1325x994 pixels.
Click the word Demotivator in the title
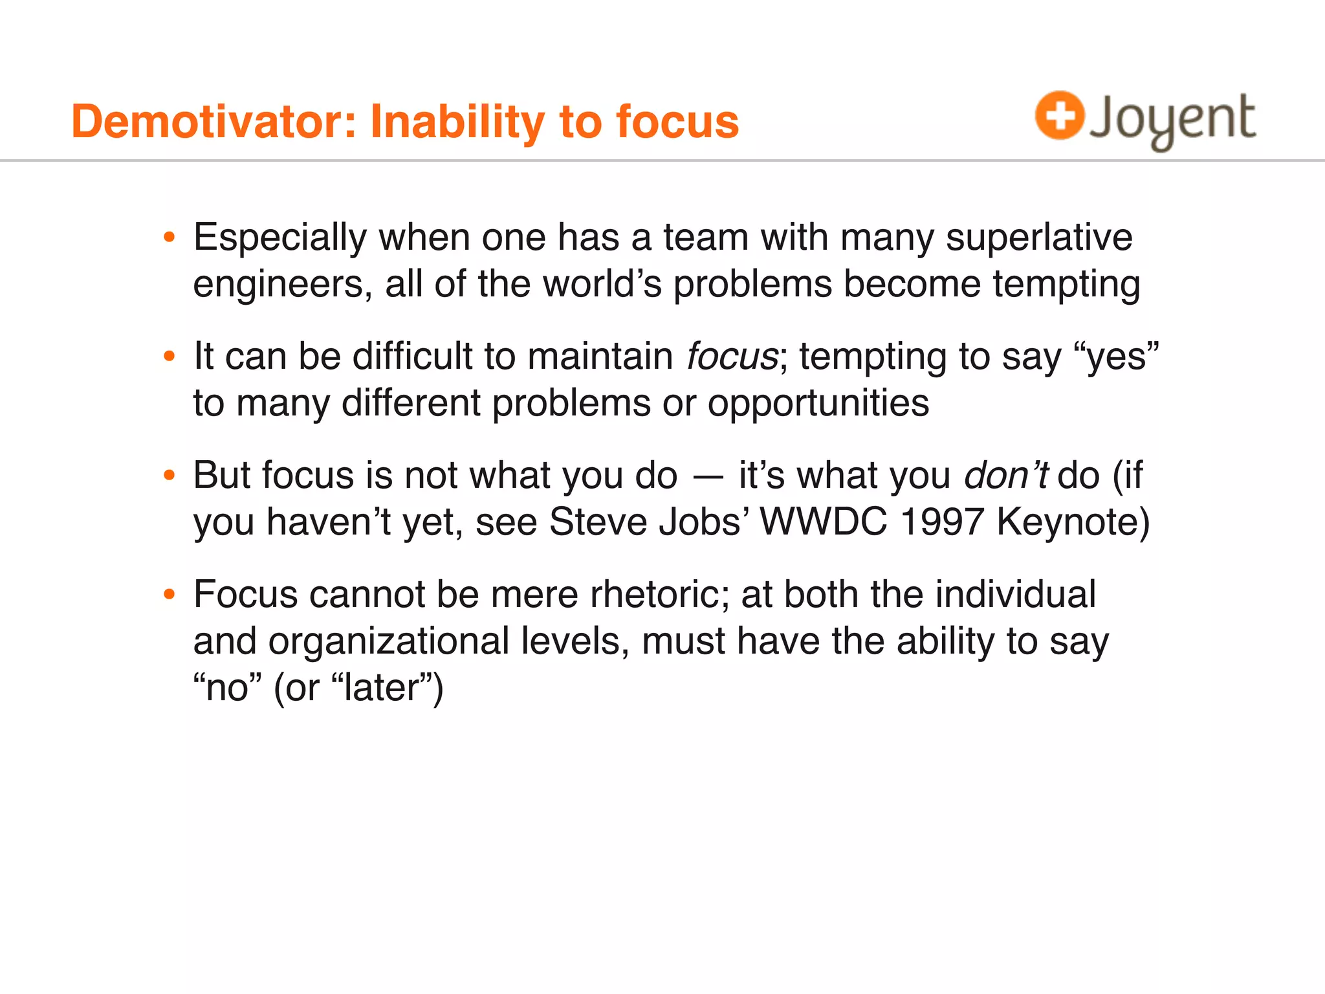[x=214, y=122]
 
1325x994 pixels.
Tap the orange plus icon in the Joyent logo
[x=1059, y=115]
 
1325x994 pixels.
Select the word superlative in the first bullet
[x=1039, y=237]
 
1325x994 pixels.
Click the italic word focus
[x=732, y=357]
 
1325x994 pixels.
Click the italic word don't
[x=1005, y=476]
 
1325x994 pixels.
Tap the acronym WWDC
[x=823, y=522]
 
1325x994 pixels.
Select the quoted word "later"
[x=387, y=688]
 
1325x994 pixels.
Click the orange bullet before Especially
[x=170, y=237]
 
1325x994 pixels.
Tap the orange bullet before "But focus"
[x=170, y=476]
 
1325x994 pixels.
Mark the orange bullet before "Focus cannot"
[x=170, y=594]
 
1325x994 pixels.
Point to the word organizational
[x=389, y=641]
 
